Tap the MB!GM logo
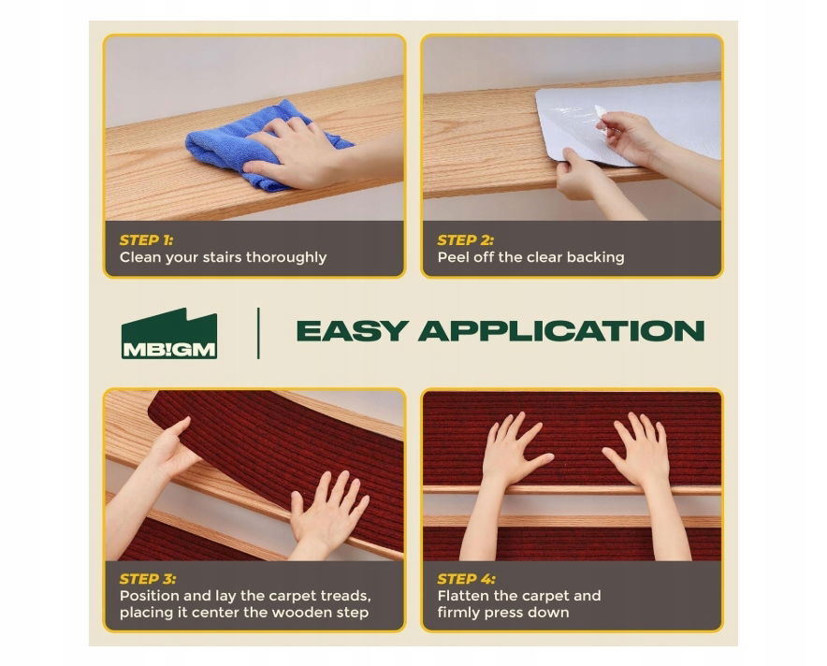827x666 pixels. point(168,334)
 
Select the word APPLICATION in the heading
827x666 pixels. point(561,330)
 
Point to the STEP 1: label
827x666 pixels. point(146,240)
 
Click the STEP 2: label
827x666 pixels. point(465,240)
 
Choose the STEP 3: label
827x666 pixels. point(148,579)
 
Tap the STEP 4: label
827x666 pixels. point(466,579)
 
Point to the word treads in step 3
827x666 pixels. point(345,597)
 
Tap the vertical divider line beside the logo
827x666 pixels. point(258,333)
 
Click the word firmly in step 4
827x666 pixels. point(458,613)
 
